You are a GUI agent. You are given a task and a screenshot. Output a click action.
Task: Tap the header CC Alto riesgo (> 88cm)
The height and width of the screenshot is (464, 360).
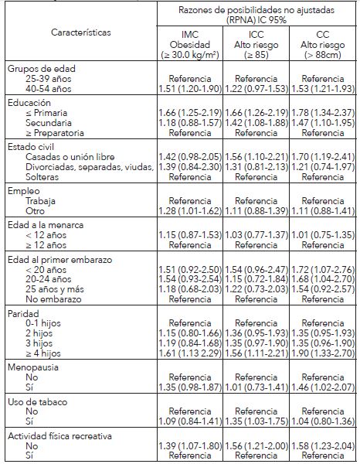coord(311,43)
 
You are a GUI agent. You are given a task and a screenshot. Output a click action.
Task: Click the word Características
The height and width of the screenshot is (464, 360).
coord(80,33)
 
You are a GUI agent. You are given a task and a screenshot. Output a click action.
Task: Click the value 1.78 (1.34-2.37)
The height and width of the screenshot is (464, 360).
coord(311,114)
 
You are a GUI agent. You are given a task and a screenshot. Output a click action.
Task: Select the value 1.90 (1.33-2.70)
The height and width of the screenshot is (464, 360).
coord(311,352)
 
